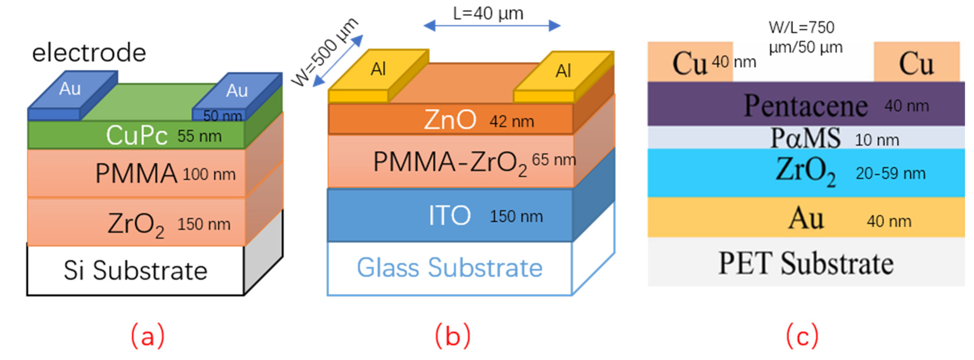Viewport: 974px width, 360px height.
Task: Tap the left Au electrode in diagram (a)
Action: [x=70, y=89]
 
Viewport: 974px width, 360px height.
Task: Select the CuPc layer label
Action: [x=137, y=135]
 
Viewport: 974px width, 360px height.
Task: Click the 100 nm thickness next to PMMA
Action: [x=209, y=175]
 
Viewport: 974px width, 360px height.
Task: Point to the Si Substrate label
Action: [x=135, y=271]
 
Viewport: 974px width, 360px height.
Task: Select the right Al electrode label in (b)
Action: [x=563, y=71]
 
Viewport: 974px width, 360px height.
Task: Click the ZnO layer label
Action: [x=450, y=120]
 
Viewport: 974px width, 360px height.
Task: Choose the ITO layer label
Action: [x=450, y=215]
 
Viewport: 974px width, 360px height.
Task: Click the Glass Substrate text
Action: [x=450, y=268]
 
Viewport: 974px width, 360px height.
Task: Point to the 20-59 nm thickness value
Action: [x=891, y=174]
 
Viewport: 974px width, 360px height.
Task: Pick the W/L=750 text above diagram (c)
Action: [x=801, y=27]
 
